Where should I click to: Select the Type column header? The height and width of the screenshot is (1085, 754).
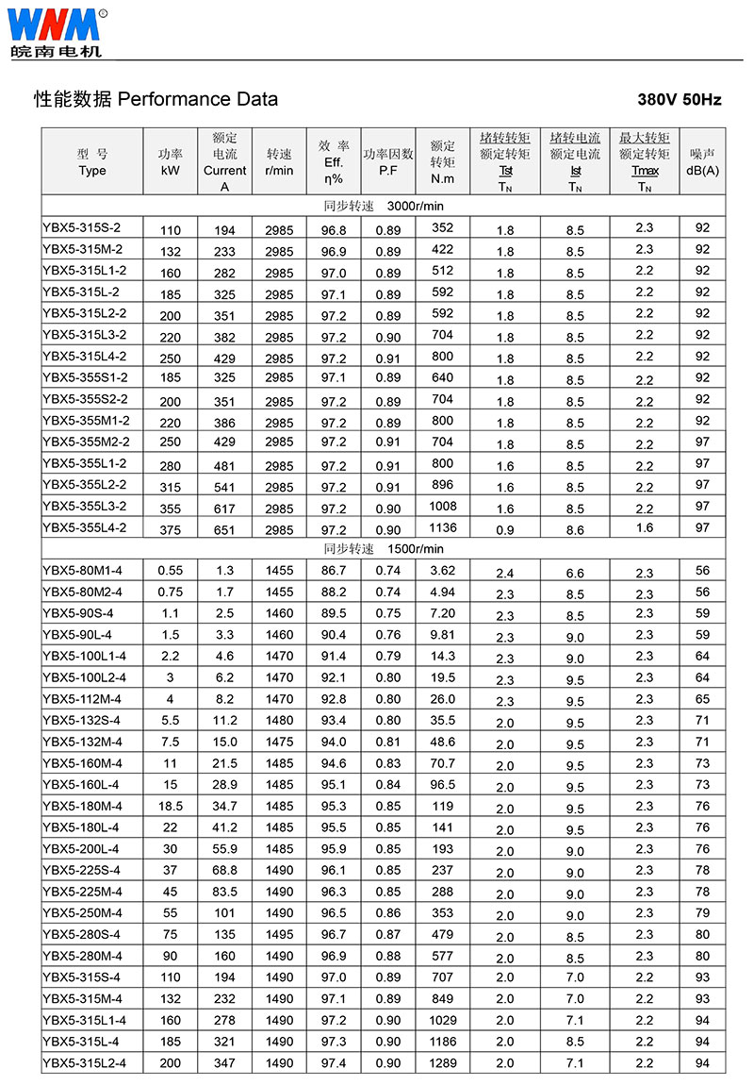point(92,162)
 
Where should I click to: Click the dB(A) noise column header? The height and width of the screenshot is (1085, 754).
point(702,162)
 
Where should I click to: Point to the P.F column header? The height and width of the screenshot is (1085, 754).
point(388,162)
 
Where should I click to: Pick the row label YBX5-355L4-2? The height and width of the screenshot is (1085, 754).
point(85,527)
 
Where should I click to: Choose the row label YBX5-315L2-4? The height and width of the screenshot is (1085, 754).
point(85,1063)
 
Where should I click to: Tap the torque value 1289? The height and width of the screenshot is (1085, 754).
point(442,1063)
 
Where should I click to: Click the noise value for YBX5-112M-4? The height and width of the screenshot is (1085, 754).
point(702,699)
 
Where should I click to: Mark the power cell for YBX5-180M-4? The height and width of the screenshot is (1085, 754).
point(171,807)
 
